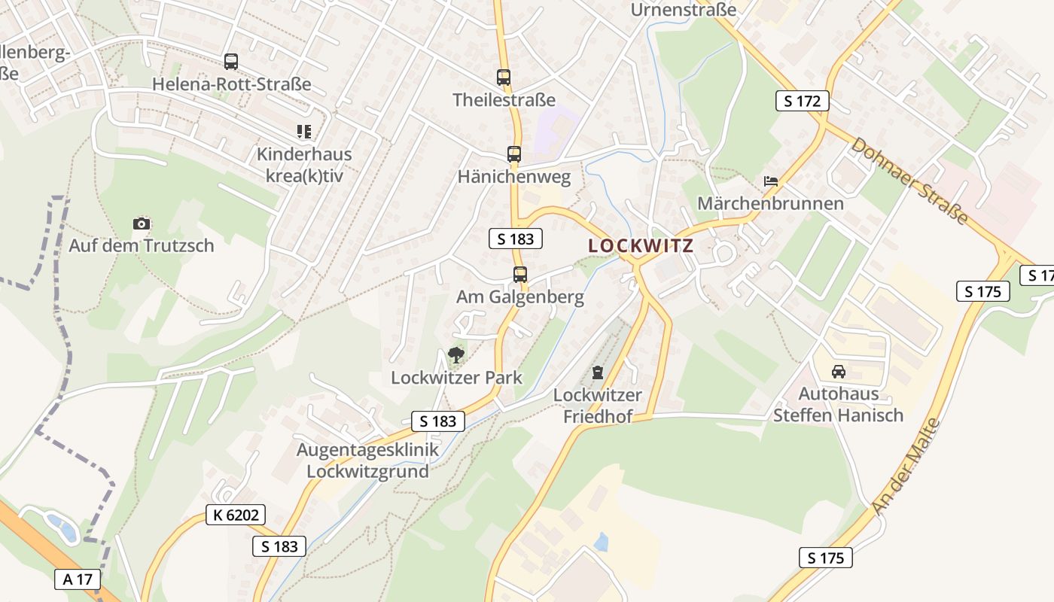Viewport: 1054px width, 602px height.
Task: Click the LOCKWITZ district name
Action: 641,246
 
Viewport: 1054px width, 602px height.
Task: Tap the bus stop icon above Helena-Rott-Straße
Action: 231,62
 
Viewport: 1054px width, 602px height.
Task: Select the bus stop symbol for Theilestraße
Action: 504,77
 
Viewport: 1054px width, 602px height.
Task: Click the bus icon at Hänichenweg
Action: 514,154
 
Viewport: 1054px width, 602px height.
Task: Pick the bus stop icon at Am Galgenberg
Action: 520,274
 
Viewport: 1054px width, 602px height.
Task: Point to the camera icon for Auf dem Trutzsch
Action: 142,223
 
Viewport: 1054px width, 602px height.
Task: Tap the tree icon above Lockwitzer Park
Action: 456,354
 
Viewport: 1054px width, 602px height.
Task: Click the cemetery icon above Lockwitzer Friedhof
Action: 598,372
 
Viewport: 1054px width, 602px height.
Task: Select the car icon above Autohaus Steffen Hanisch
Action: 839,371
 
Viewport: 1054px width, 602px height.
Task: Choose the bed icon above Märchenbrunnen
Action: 771,181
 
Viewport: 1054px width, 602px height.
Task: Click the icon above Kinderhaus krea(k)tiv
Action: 304,132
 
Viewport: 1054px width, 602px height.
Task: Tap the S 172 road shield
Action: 803,101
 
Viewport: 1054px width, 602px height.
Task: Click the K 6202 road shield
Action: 235,515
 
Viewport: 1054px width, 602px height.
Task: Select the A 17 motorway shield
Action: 78,579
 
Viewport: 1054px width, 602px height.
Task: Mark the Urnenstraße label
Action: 684,10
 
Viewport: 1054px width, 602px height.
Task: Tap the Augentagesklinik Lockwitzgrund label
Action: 367,461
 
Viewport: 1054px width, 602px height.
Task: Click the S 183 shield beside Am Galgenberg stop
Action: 516,239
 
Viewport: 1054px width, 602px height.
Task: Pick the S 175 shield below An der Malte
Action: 826,558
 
